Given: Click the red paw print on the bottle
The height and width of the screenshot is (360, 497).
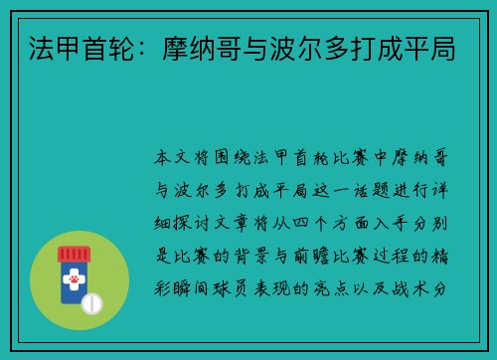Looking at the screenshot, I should (x=73, y=283).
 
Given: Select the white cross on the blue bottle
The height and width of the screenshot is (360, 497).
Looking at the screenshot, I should (x=73, y=270).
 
